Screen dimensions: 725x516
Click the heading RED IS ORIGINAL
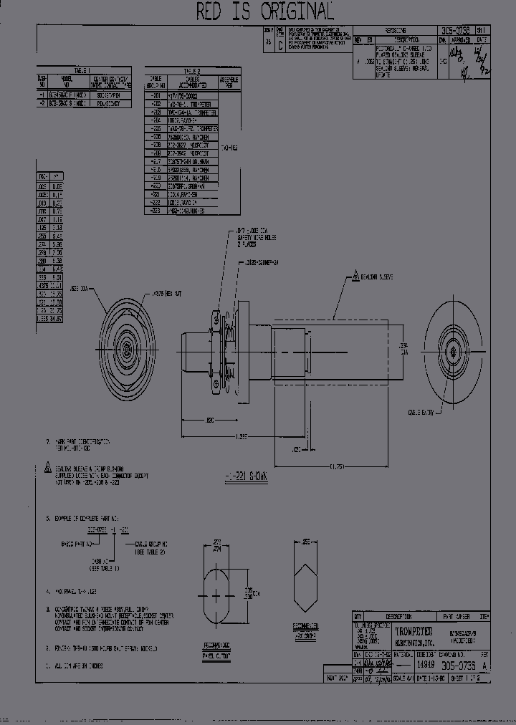(265, 11)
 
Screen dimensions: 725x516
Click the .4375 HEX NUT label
(166, 294)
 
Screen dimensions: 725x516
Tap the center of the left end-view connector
(126, 350)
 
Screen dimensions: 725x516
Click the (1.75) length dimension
(336, 466)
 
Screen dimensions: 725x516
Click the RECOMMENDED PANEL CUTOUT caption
(220, 648)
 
